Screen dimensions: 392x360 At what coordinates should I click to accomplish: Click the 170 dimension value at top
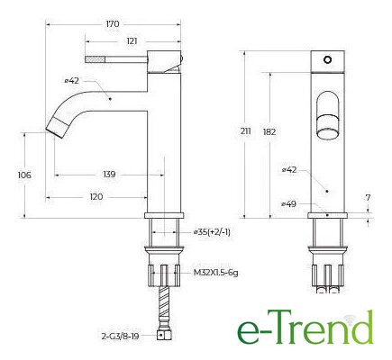[x=113, y=24]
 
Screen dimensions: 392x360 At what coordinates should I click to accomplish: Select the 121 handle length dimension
[x=132, y=41]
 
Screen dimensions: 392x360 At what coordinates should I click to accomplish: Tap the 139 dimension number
[x=109, y=175]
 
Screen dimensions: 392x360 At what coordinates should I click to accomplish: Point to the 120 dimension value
[x=96, y=197]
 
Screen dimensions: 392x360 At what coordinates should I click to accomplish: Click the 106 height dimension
[x=24, y=175]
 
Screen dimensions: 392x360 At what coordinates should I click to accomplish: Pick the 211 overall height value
[x=245, y=131]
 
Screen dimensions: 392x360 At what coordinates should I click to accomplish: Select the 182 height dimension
[x=269, y=132]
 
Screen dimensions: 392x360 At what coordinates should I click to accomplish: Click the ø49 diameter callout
[x=289, y=204]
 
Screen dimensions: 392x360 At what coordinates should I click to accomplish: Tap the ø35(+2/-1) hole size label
[x=212, y=232]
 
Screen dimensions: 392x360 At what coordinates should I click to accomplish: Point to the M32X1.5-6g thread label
[x=215, y=273]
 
